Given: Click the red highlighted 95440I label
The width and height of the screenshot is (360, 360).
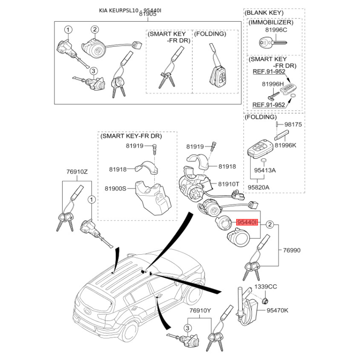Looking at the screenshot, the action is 247,222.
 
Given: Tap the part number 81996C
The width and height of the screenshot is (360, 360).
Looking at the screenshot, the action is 276,30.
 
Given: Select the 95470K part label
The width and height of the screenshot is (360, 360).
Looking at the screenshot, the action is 277,310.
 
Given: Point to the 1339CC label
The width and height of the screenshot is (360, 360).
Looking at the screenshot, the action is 265,287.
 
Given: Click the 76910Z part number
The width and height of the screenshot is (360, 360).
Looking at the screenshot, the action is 77,171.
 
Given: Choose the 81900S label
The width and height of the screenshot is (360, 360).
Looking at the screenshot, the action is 116,189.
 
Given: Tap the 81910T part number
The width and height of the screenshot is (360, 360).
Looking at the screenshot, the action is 229,184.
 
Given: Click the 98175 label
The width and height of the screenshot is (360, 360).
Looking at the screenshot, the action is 293,125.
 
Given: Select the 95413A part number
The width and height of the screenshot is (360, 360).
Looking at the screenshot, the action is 265,171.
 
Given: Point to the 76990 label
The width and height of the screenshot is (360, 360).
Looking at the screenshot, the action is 292,250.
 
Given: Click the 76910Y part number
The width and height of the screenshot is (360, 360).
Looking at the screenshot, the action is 200,310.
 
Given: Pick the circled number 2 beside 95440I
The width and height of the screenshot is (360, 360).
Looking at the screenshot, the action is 270,224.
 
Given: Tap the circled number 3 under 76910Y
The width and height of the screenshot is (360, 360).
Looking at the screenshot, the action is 187,328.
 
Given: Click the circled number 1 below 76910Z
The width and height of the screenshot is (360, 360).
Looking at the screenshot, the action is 92,199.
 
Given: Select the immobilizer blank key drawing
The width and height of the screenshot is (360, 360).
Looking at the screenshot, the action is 273,42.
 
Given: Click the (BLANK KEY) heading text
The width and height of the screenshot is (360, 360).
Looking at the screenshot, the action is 264,13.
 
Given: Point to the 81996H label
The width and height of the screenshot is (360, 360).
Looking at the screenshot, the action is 273,84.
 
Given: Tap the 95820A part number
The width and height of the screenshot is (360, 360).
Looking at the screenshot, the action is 258,187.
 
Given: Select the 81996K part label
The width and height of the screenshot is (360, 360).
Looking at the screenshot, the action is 285,145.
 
